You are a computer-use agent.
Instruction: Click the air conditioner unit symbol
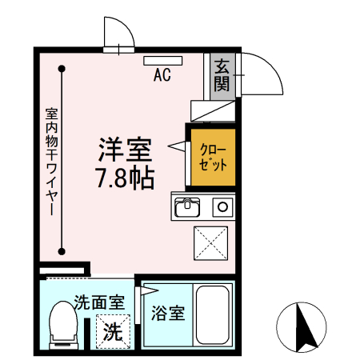point(162,60)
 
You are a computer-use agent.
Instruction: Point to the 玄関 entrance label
point(222,74)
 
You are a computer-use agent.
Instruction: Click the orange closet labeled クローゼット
point(211,156)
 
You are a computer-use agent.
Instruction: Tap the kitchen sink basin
point(188,207)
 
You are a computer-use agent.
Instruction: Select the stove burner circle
point(222,207)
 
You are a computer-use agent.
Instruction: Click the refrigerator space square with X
point(212,243)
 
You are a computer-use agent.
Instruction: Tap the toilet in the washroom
point(62,324)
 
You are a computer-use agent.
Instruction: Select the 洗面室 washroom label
point(98,302)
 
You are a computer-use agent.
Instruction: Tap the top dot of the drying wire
point(61,69)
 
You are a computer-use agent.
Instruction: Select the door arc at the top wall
point(120,34)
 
